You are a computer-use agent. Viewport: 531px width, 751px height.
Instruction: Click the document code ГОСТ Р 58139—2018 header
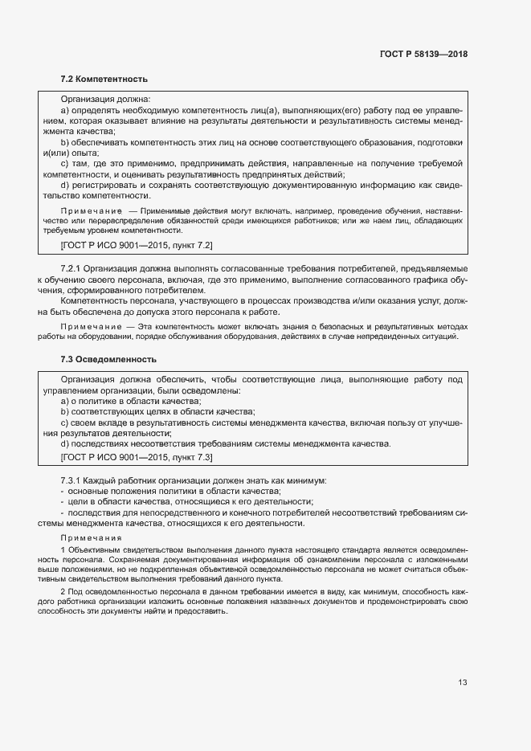[423, 55]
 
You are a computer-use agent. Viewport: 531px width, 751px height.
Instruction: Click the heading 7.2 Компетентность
[104, 80]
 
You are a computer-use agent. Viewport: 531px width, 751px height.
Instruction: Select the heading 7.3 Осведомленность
[108, 359]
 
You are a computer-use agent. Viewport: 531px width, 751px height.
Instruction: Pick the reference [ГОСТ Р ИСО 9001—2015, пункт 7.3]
[137, 457]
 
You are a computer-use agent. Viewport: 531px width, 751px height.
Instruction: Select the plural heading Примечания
[90, 537]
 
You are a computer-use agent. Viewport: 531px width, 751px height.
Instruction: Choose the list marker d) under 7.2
[65, 185]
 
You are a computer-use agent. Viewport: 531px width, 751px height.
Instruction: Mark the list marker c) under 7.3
[65, 422]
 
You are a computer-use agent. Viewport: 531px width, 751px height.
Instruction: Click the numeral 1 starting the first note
[63, 549]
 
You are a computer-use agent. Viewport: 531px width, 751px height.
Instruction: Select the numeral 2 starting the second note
[63, 590]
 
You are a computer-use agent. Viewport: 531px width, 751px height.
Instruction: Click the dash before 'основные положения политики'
[63, 491]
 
